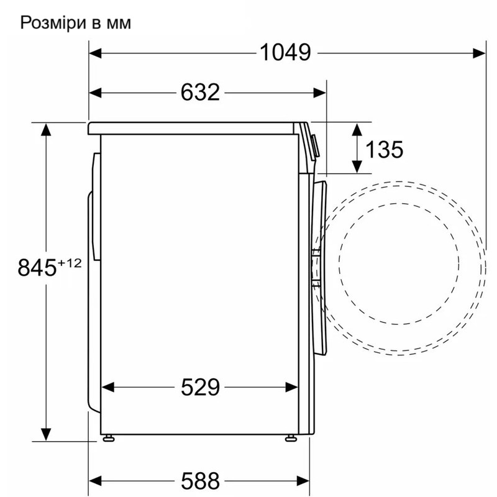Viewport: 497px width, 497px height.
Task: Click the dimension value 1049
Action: pos(285,53)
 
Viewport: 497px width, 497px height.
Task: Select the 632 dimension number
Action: pos(201,93)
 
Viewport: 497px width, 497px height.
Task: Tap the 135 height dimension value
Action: pos(384,149)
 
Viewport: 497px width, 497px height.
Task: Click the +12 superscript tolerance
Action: pos(70,263)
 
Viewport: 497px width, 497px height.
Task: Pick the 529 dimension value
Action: pos(201,388)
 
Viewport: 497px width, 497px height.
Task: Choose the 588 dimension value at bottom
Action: pos(201,480)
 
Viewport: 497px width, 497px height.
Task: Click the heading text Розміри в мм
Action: pos(76,24)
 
